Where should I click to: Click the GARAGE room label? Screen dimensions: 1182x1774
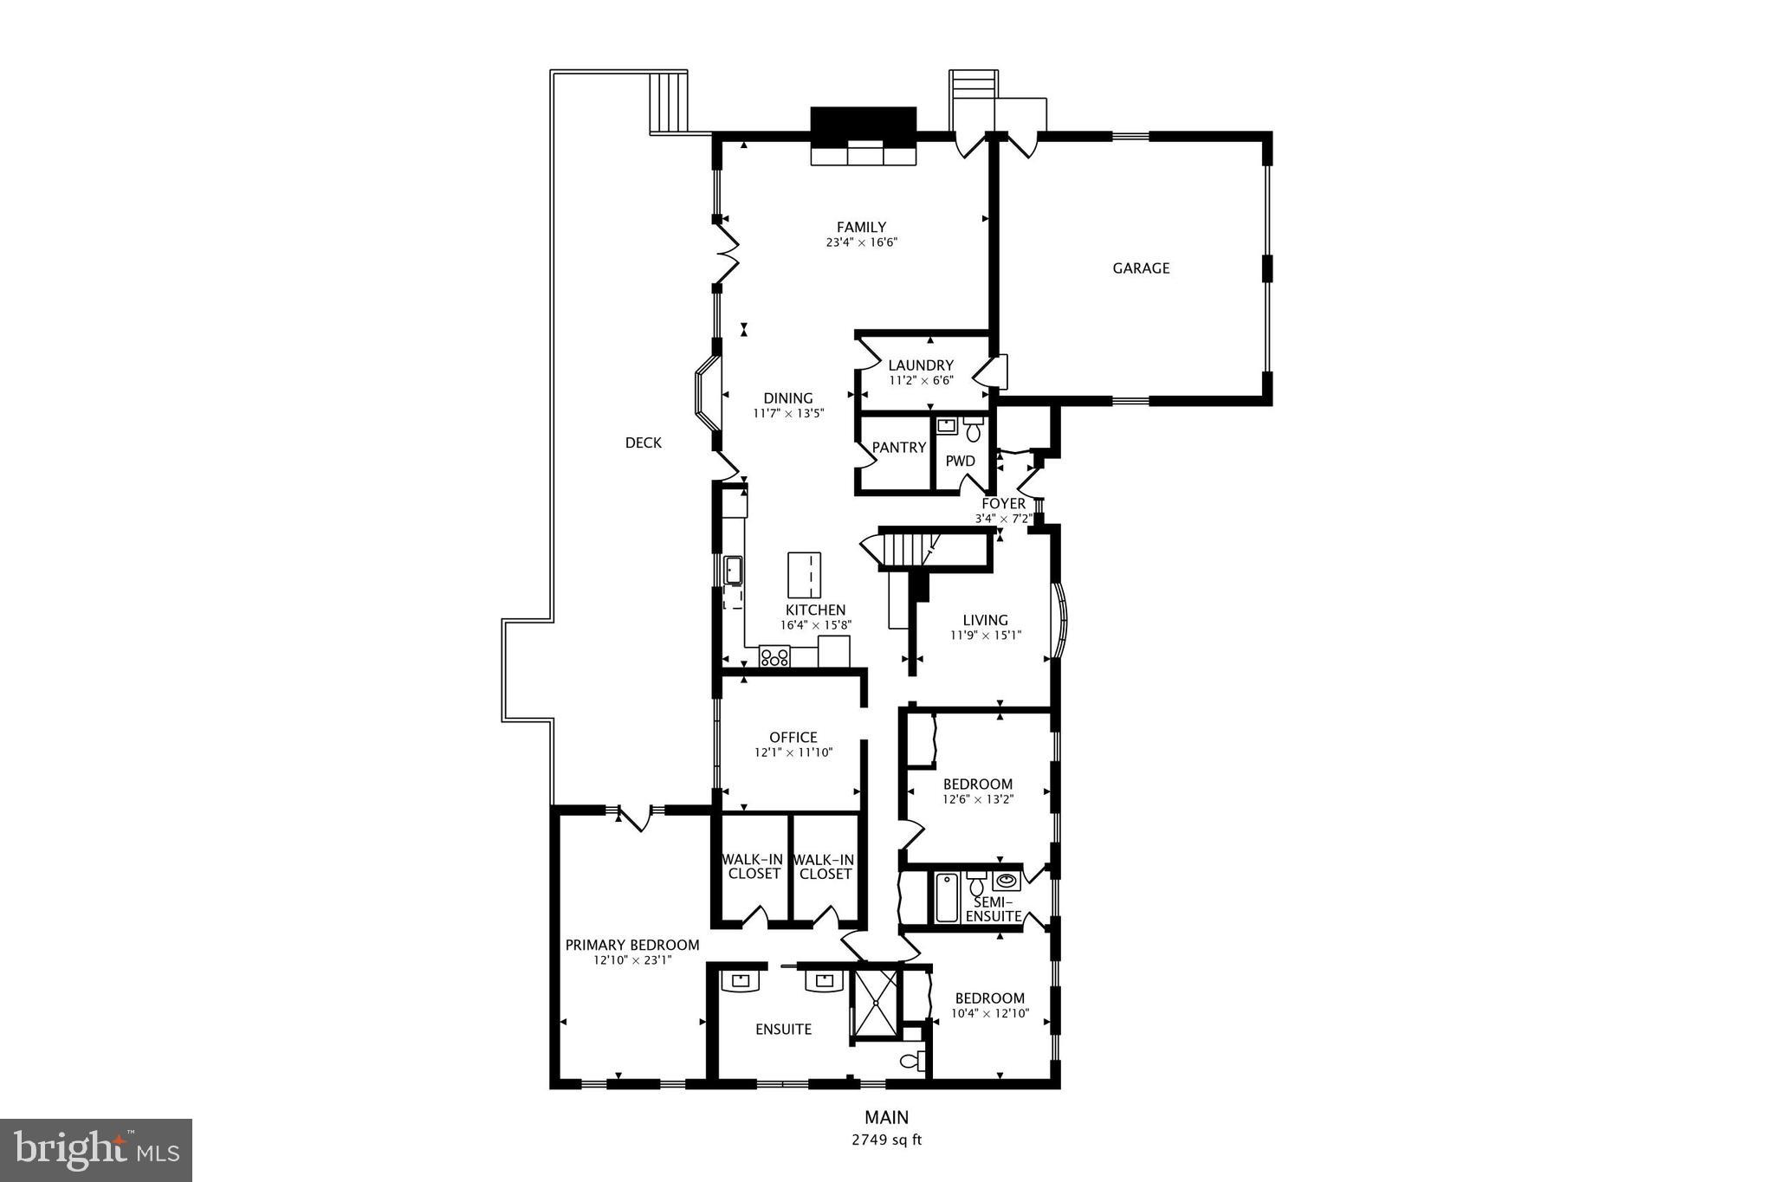(x=1141, y=268)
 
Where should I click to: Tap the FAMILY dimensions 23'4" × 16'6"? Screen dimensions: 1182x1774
(x=861, y=243)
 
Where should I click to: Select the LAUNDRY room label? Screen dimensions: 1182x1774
(x=921, y=365)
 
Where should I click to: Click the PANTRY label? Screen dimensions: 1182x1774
(x=898, y=448)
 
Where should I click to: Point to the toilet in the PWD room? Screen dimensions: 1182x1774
(x=974, y=428)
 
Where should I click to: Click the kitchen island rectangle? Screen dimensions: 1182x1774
(x=804, y=574)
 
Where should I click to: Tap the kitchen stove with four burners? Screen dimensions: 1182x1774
(x=774, y=656)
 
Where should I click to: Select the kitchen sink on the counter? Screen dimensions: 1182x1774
(x=734, y=571)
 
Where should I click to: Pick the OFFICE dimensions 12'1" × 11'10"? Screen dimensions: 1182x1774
(x=793, y=753)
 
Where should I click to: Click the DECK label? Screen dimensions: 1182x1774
(x=643, y=443)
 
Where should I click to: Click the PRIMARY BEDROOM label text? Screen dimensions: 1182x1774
(x=632, y=946)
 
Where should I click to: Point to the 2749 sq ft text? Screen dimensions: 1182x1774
(x=886, y=1140)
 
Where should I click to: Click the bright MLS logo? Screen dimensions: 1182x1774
(x=96, y=1149)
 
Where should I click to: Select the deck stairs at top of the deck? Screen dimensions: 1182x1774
(x=668, y=102)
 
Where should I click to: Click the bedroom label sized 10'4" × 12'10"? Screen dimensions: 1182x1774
(x=989, y=998)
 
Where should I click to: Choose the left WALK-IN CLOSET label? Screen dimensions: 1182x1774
(x=753, y=867)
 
